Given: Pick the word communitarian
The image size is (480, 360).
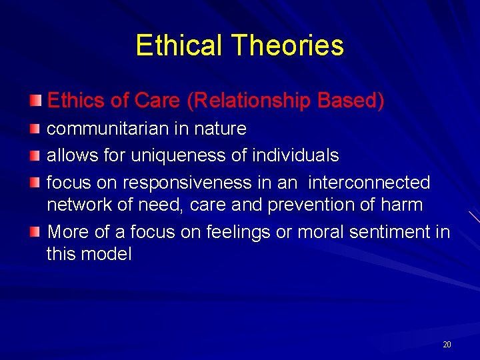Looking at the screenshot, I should tap(97, 128).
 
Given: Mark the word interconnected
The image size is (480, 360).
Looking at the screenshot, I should tap(369, 183).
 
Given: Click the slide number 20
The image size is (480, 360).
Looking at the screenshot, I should tap(447, 345).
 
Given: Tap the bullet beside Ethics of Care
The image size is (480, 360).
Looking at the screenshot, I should tap(35, 100).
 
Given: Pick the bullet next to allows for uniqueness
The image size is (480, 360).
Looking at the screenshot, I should tap(35, 155).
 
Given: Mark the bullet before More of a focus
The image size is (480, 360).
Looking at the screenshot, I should tap(35, 231).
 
